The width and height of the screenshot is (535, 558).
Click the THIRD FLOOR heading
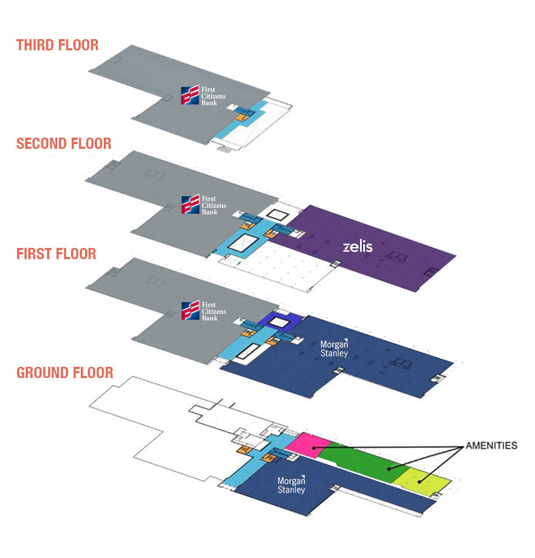(57, 45)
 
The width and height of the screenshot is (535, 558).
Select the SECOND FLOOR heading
(64, 144)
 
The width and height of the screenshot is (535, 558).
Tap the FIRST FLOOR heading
(56, 253)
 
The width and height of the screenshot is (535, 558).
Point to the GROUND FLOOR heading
(65, 372)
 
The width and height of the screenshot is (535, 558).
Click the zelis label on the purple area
(357, 247)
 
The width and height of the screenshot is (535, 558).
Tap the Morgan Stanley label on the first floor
(334, 348)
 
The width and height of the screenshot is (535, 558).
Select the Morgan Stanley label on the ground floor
(291, 485)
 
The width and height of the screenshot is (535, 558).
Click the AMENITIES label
(491, 446)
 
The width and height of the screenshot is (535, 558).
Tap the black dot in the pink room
(314, 448)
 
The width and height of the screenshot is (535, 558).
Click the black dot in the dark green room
(389, 469)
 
